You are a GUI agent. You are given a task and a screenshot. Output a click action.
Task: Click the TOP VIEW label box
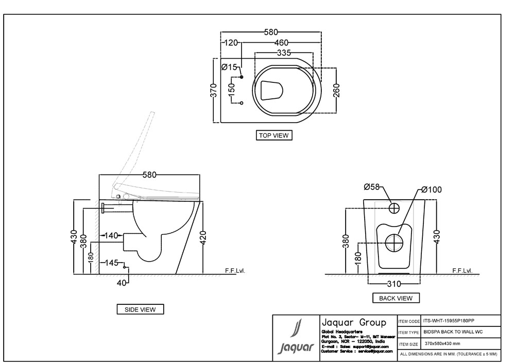274,135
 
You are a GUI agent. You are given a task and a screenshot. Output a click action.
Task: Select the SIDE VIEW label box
140,309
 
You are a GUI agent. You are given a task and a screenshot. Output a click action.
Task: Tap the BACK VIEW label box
396,298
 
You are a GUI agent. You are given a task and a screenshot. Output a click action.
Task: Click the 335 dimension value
284,53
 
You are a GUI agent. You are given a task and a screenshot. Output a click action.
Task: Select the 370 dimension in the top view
214,91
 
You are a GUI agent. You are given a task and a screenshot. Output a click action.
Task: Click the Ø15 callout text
229,67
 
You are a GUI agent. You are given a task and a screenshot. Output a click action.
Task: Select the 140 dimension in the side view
112,236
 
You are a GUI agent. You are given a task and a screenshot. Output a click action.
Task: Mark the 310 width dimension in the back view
394,283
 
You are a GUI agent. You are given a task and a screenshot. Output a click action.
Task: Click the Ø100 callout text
431,190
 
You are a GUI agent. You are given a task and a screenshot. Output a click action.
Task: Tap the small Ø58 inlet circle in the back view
393,208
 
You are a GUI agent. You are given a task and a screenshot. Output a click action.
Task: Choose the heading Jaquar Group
353,322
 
